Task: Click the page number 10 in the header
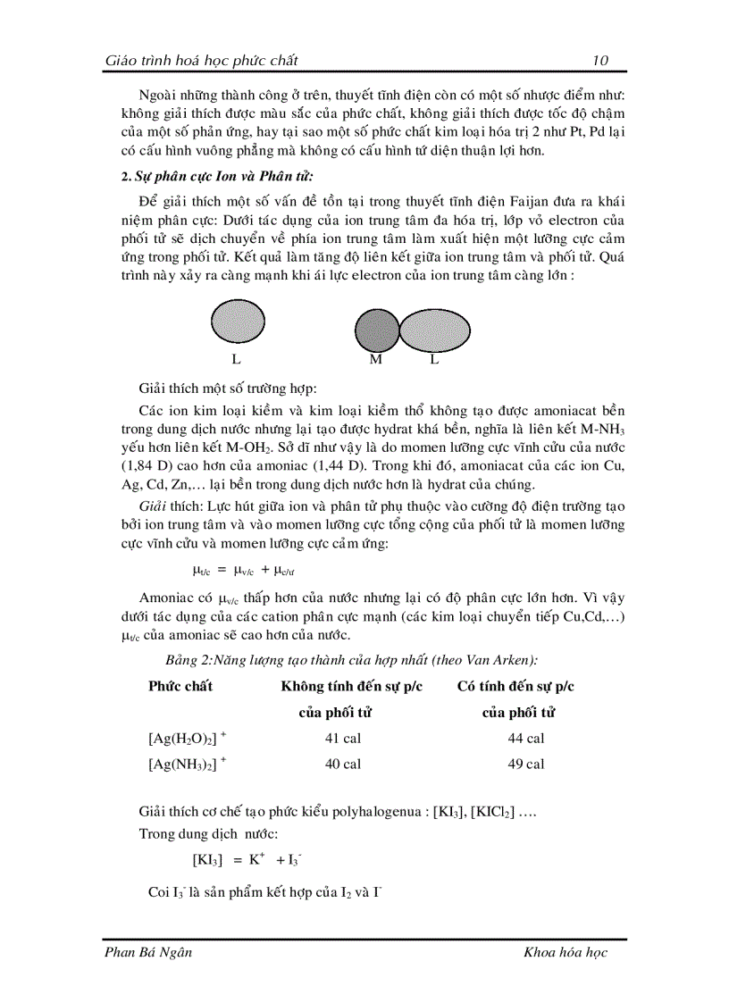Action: [x=600, y=61]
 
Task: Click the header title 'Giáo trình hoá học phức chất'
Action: [x=201, y=61]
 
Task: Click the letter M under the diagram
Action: [x=375, y=361]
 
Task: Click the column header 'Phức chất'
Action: [x=180, y=686]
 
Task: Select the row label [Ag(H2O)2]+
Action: [x=187, y=739]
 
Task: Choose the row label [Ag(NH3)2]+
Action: [x=187, y=765]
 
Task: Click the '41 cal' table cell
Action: [x=343, y=739]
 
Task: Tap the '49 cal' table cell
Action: [x=525, y=765]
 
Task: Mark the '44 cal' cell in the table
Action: [x=525, y=739]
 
